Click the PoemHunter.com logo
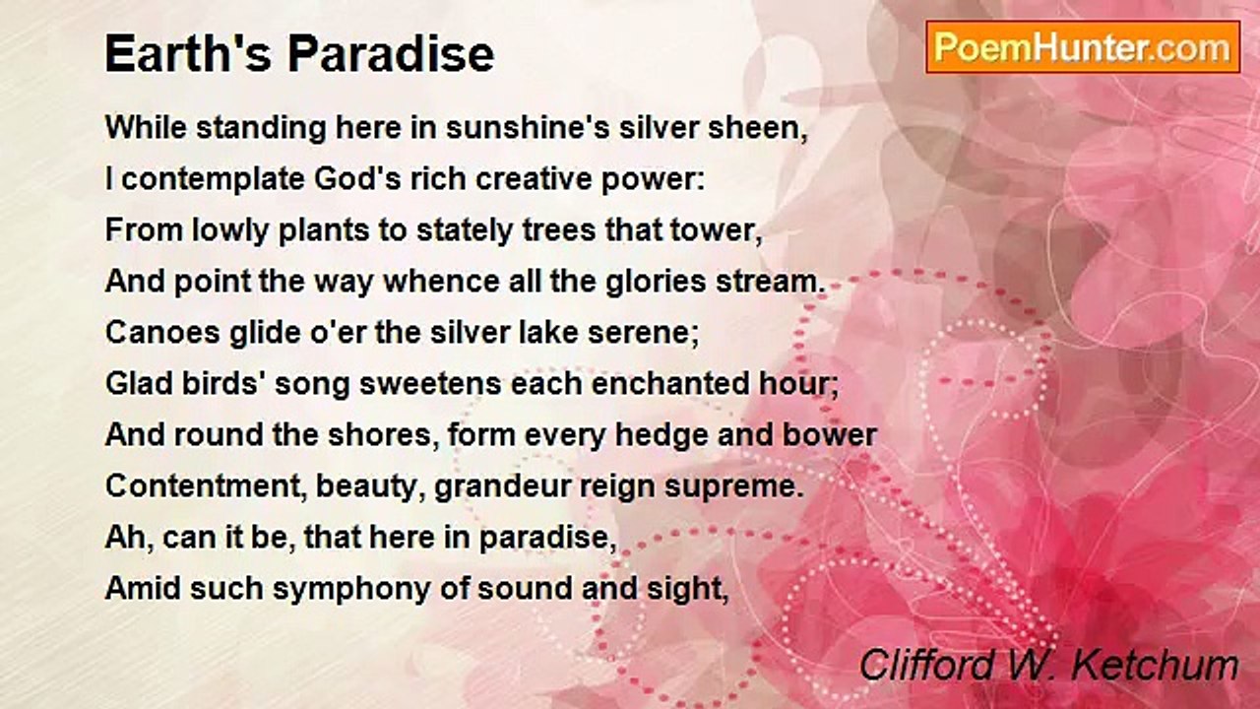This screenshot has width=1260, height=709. [x=1083, y=47]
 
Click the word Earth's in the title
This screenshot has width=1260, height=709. [x=187, y=54]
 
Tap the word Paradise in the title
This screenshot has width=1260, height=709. [x=392, y=54]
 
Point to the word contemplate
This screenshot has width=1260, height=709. [x=213, y=181]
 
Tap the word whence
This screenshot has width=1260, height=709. [x=441, y=282]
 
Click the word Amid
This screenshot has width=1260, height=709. [x=143, y=589]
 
